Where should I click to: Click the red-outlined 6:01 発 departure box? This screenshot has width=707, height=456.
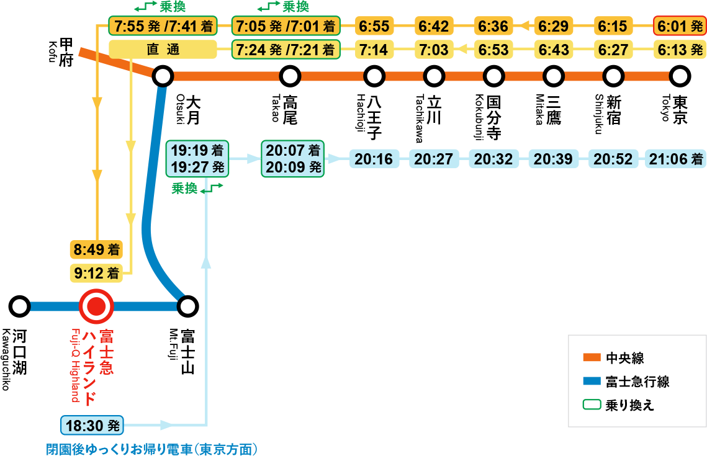tap(680, 27)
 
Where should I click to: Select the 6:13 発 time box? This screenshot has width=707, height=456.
tap(680, 50)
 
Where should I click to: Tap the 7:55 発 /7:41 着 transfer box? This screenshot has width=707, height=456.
tap(163, 27)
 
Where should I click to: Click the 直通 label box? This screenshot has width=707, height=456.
tap(163, 50)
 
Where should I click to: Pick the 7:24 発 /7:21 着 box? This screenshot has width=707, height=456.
tap(286, 50)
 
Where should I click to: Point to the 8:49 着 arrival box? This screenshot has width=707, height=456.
tap(96, 250)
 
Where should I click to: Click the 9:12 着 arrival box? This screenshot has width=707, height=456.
tap(96, 272)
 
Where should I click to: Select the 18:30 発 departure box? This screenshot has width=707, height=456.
tap(92, 426)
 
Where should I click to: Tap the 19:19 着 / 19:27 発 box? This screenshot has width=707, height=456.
tap(197, 159)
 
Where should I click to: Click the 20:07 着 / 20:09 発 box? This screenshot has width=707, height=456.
tap(292, 159)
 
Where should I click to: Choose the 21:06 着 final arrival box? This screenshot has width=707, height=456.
tap(675, 159)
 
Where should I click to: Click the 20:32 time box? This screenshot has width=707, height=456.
tap(493, 159)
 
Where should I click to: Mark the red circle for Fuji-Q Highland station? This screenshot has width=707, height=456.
tap(96, 306)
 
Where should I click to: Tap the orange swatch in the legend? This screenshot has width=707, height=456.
tap(592, 357)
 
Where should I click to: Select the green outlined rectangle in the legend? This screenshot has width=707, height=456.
tap(592, 405)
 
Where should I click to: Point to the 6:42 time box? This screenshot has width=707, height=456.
tap(433, 27)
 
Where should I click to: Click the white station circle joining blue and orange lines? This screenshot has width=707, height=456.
tap(163, 76)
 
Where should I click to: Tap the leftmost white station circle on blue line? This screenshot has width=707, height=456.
tap(20, 306)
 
